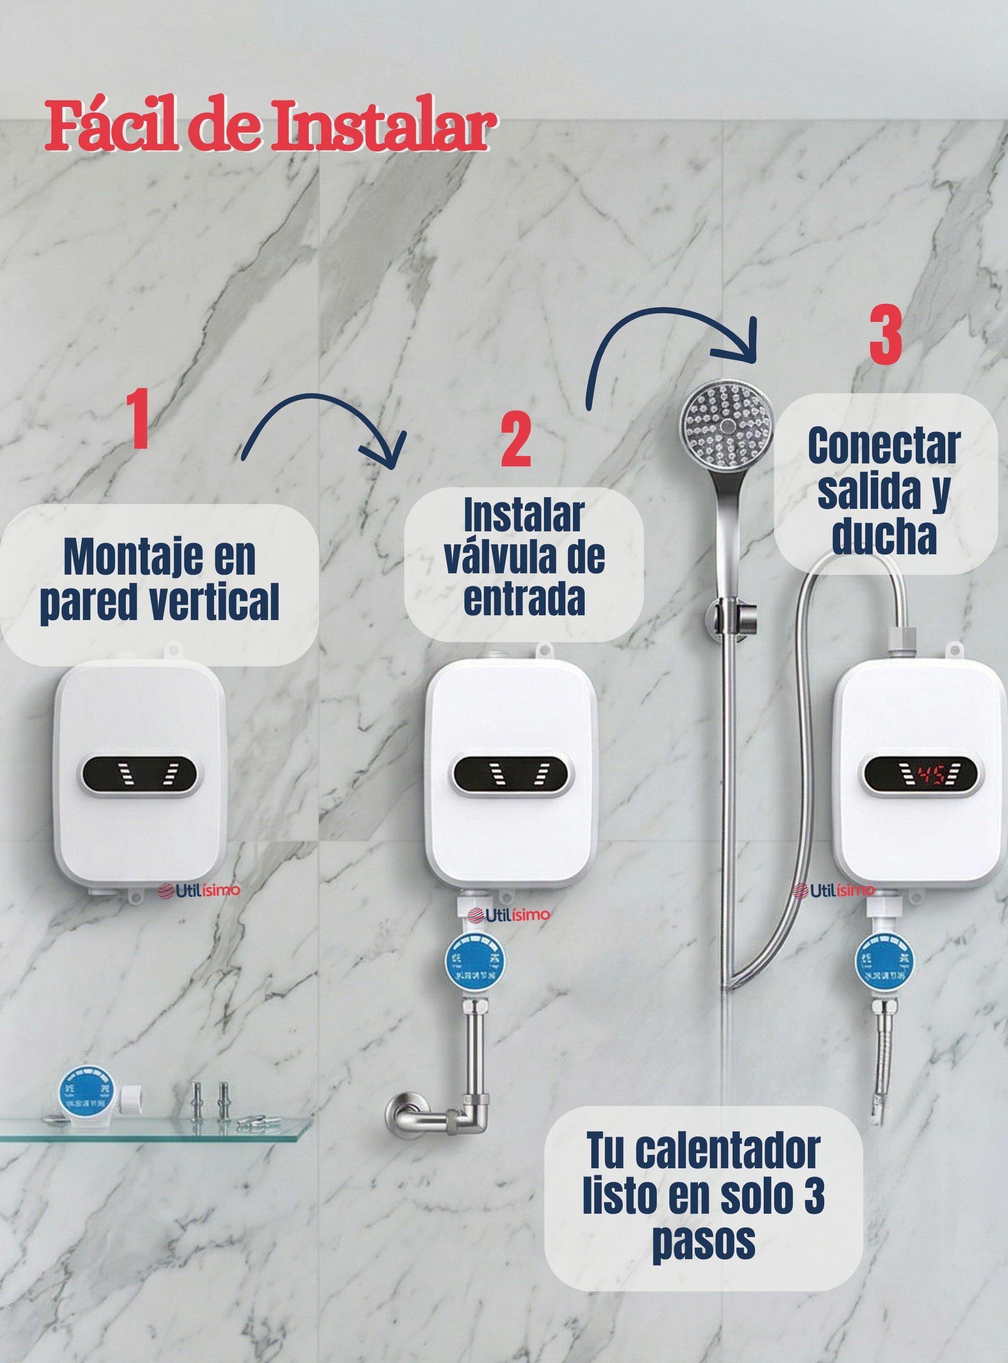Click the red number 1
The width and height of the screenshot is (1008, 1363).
[141, 421]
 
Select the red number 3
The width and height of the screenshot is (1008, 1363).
[885, 339]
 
